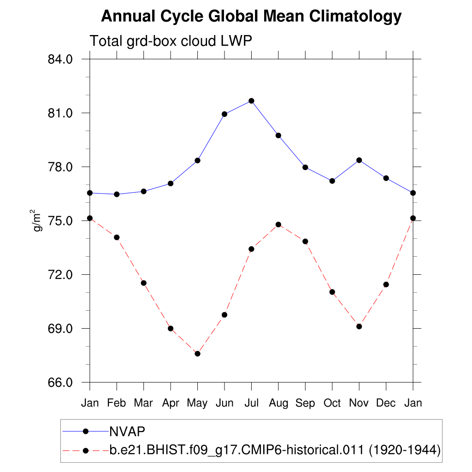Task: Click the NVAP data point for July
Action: (251, 100)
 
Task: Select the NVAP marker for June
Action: (224, 114)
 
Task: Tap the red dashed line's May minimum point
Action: (197, 354)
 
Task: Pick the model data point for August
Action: (278, 224)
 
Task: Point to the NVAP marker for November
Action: (359, 160)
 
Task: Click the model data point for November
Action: (359, 326)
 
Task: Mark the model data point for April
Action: (171, 328)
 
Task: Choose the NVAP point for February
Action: (117, 194)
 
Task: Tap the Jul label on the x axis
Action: (251, 403)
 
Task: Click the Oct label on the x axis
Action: (332, 403)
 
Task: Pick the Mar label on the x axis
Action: (143, 403)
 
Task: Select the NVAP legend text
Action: (127, 431)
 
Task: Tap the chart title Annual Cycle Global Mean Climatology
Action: (251, 17)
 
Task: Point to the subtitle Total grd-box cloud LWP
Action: (171, 41)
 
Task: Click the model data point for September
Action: (305, 241)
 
